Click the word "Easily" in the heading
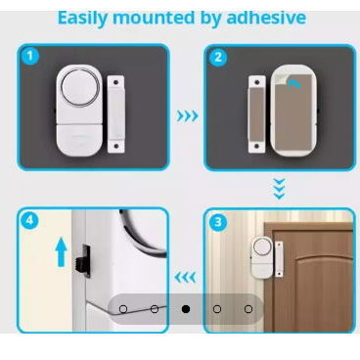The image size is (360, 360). (82, 19)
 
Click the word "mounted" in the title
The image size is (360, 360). (154, 18)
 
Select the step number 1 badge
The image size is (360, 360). (30, 56)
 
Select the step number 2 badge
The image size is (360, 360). (218, 57)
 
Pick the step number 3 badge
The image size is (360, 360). (218, 223)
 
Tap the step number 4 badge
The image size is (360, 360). (29, 220)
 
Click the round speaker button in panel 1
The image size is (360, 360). (80, 87)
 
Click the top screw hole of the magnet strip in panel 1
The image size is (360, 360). (115, 83)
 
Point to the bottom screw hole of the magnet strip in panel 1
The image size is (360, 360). (116, 146)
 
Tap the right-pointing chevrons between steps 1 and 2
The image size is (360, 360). (188, 115)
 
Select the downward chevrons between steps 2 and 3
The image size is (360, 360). (280, 189)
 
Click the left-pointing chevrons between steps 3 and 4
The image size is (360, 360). (185, 278)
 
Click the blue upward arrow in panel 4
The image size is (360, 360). (61, 252)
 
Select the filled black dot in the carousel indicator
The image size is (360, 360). (186, 309)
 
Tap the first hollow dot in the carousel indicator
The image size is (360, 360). (123, 309)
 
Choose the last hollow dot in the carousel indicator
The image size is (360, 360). (248, 309)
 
